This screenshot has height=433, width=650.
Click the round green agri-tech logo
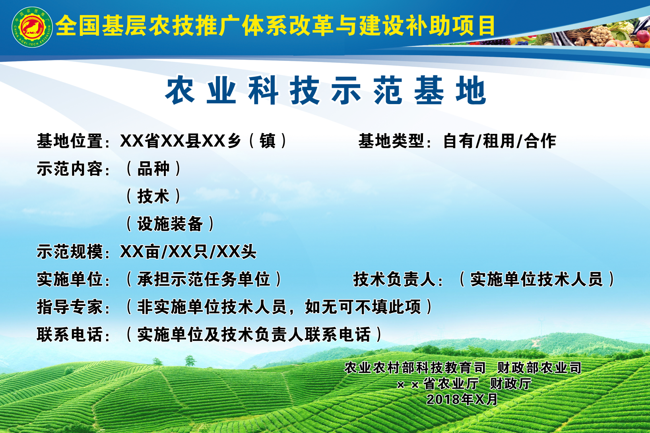coord(32,27)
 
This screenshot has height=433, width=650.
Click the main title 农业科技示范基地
coord(325,90)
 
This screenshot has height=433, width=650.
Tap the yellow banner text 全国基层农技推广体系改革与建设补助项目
coord(276,26)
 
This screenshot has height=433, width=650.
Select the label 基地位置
coord(70,141)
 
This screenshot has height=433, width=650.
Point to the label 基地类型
coord(392,141)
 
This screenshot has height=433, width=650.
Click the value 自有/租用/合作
coord(500,141)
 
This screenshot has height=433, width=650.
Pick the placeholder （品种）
coord(153,169)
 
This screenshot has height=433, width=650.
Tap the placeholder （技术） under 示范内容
coord(153,196)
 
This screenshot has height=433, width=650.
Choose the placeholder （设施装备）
coord(170,224)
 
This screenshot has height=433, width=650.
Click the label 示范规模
coord(70,251)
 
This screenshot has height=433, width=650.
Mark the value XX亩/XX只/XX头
coord(188,251)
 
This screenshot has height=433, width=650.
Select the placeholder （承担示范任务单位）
coord(204,279)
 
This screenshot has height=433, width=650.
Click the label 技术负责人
coord(395,279)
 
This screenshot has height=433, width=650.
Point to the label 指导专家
coord(70,307)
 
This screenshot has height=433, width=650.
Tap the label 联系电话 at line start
coord(70,334)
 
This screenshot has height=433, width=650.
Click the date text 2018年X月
coord(462,399)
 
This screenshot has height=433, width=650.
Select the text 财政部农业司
coord(539,368)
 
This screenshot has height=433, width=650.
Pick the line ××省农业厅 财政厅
coord(464,384)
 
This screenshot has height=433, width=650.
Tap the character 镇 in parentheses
coord(268,141)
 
